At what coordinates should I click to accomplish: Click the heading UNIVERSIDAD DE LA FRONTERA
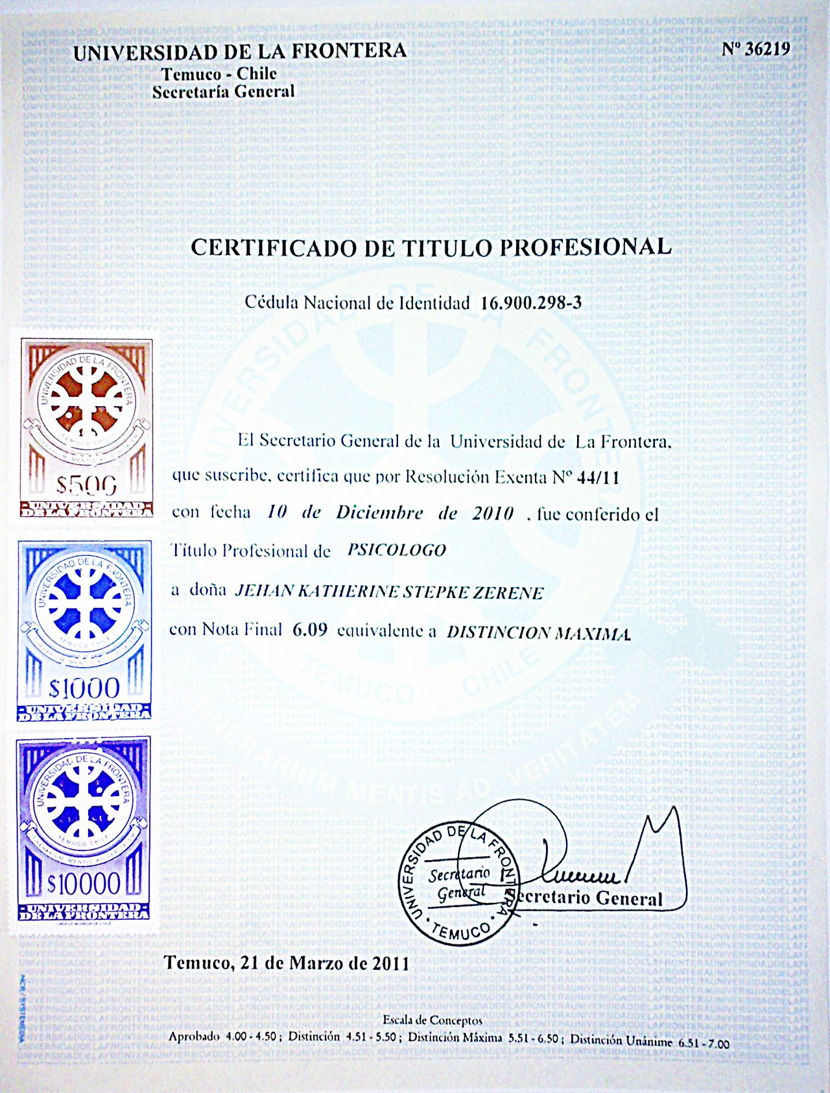tap(240, 51)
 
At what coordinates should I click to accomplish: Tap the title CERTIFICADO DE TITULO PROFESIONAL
tap(431, 247)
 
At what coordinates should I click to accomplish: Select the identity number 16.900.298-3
tap(531, 303)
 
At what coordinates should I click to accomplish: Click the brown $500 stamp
tap(86, 427)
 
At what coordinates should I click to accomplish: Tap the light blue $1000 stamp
tap(84, 630)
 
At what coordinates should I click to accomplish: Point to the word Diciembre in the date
tap(379, 512)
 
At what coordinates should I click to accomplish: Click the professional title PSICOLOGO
tap(397, 551)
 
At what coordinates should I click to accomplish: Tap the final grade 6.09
tap(310, 629)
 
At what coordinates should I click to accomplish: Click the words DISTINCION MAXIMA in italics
tap(538, 633)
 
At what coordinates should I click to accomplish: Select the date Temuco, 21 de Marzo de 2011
tap(287, 963)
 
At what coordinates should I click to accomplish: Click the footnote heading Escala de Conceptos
tap(433, 1020)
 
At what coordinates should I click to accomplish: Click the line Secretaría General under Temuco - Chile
tap(224, 92)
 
